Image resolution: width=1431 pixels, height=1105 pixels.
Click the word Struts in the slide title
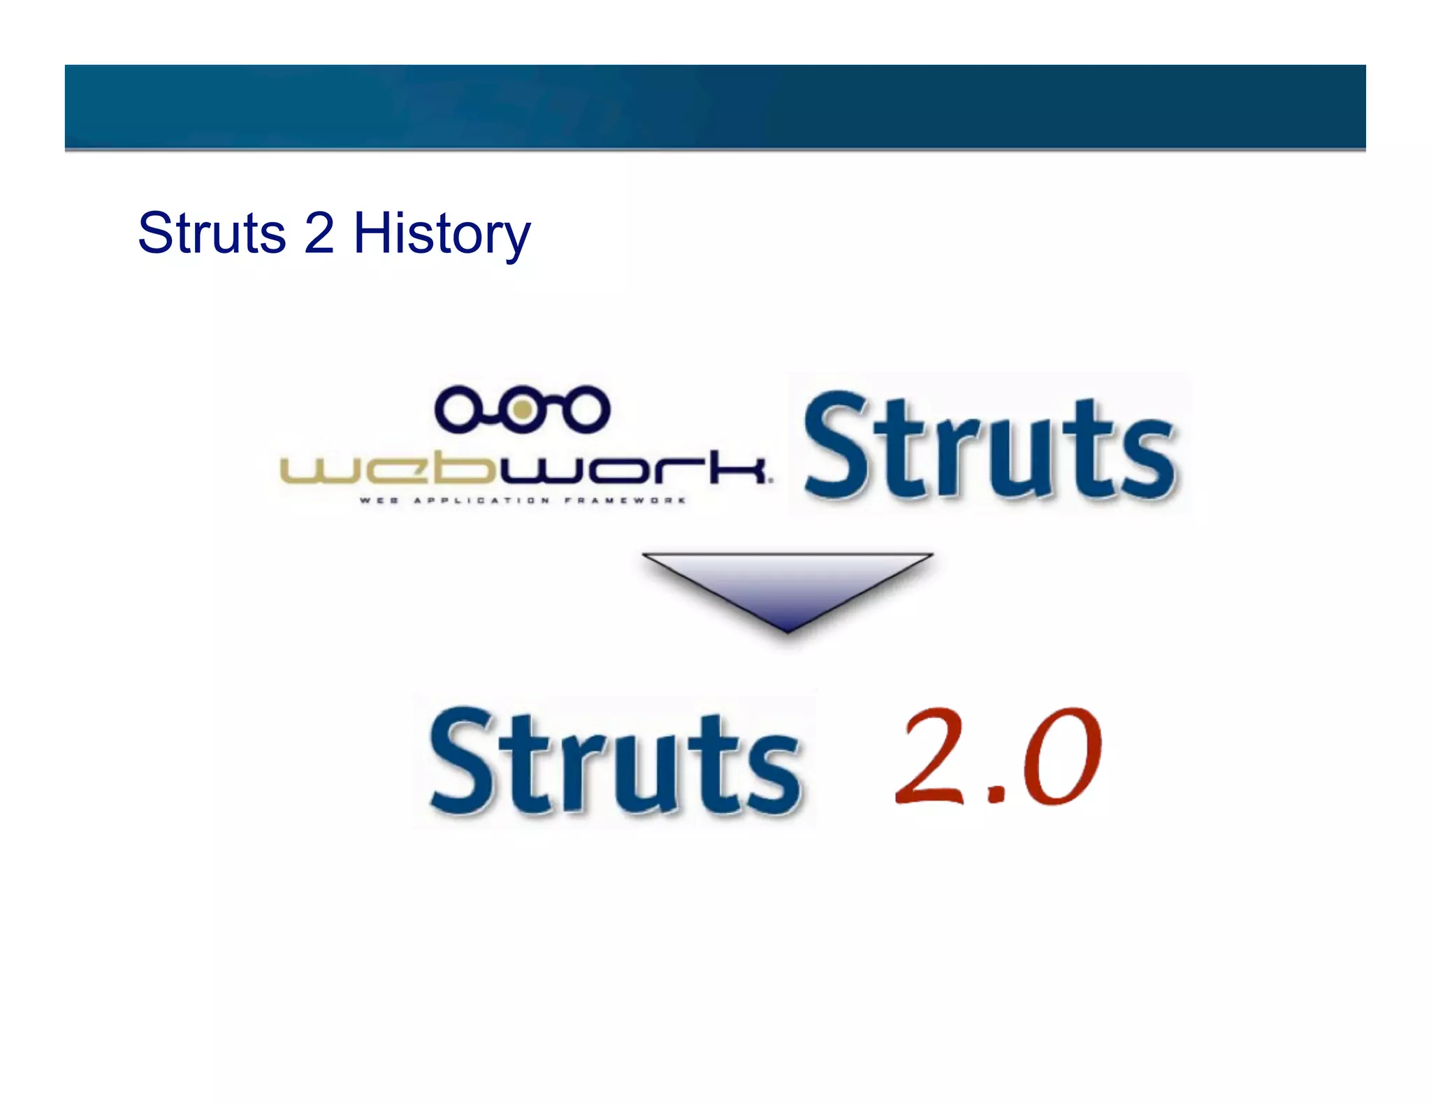click(212, 233)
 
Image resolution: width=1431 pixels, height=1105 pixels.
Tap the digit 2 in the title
click(319, 233)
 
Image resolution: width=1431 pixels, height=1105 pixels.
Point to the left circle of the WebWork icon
click(458, 409)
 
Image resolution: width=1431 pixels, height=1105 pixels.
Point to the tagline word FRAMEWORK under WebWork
click(625, 500)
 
